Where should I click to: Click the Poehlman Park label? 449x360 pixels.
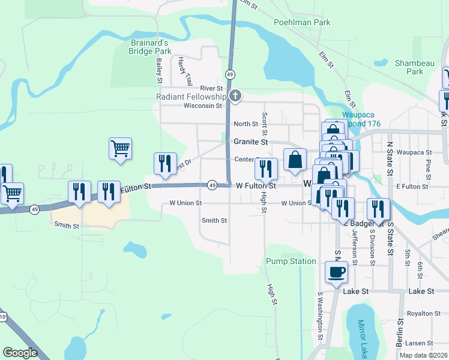tap(302, 22)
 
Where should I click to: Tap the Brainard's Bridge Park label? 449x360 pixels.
tap(151, 47)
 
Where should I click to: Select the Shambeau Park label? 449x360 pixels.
tap(409, 67)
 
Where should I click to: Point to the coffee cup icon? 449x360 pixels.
tap(336, 272)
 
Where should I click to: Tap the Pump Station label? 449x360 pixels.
tap(291, 261)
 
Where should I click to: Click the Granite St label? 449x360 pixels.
tap(251, 142)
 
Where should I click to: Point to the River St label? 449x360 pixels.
tap(211, 88)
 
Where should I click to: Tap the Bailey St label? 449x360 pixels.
tap(160, 70)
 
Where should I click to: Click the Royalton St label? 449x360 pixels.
tap(424, 313)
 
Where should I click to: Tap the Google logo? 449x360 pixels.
tap(20, 353)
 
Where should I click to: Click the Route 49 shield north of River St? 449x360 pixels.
tap(230, 74)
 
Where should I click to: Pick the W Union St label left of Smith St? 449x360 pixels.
tap(185, 203)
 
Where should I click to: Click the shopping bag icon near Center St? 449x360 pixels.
tap(295, 160)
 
